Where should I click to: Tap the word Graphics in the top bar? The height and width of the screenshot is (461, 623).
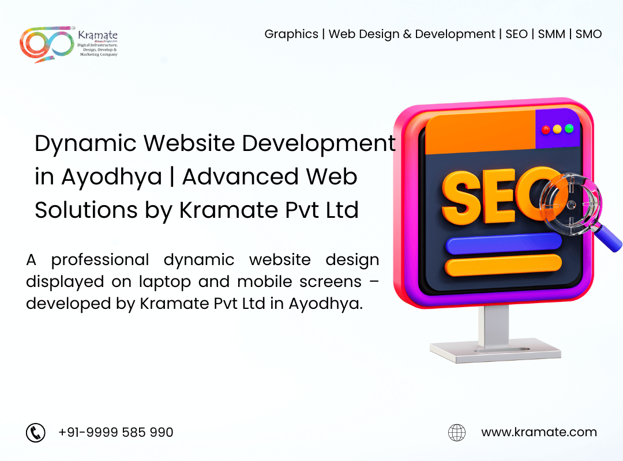coord(291,34)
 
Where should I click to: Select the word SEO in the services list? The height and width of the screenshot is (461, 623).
coord(516,34)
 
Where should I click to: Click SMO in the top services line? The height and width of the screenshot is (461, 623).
coord(588,34)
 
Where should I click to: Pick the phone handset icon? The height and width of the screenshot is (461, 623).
coord(36,432)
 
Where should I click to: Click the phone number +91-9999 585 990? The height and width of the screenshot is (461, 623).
coord(115,432)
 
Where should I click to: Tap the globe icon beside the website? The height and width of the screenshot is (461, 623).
coord(457,432)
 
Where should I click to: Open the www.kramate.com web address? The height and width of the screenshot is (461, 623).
coord(539,432)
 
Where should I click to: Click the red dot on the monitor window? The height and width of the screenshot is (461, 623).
coord(546,129)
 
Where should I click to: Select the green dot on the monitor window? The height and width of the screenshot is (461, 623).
coord(569,129)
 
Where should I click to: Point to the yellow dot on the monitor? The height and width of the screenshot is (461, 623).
coord(557,129)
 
